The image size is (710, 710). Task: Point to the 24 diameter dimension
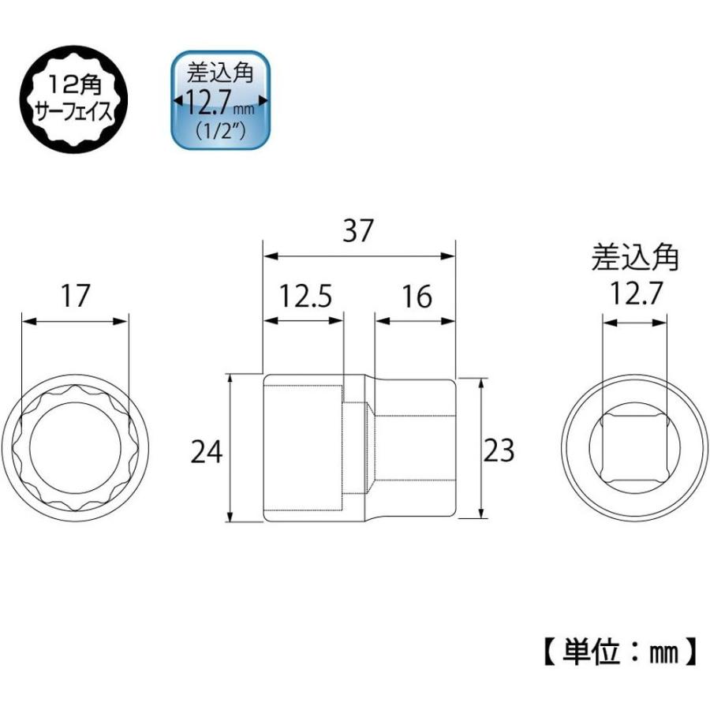coord(207,451)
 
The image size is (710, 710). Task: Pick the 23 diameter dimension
coord(498,450)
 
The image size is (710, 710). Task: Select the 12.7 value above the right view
coord(635,293)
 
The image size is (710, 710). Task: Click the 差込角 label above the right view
coord(635,258)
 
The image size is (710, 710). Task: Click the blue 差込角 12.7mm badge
coord(221,100)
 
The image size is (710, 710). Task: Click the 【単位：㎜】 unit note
coord(619,652)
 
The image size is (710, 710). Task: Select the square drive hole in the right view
coord(635,447)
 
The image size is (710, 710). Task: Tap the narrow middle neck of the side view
coord(358,447)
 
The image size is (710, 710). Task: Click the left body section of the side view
coord(302,447)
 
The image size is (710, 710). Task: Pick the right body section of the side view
coord(414,447)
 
